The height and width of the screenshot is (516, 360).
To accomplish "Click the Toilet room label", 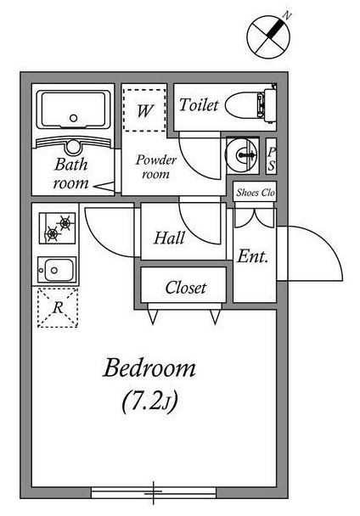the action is tap(199, 105).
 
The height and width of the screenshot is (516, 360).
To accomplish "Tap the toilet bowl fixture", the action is tap(250, 105).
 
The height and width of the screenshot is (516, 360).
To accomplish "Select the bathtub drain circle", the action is tap(74, 118).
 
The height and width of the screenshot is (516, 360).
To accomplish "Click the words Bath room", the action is tap(70, 173).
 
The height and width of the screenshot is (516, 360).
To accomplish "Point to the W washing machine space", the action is tap(144, 110).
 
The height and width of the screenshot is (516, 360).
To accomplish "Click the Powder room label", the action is tap(155, 167).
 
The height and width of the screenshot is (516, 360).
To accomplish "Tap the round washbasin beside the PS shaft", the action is tap(241, 154).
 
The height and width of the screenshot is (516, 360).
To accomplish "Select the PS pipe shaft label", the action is tap(272, 159).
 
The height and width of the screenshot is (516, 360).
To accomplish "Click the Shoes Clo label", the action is tap(256, 193).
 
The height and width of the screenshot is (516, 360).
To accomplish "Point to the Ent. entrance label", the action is tap(252, 256).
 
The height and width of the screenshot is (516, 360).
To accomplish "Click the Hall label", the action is tap(169, 238).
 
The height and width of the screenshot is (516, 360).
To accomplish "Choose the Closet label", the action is tap(186, 288).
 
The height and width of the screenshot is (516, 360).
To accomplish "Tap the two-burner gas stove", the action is tap(57, 228).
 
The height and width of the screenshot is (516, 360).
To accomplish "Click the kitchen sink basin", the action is tap(57, 270).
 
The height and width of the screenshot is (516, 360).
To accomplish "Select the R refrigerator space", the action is tap(58, 308).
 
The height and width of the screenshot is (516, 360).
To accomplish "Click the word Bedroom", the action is tap(149, 367).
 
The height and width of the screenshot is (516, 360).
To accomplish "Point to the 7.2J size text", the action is tap(150, 401).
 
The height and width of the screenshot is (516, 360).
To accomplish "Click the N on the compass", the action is tap(288, 14).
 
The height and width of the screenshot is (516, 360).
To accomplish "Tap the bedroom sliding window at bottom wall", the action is tap(154, 492).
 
